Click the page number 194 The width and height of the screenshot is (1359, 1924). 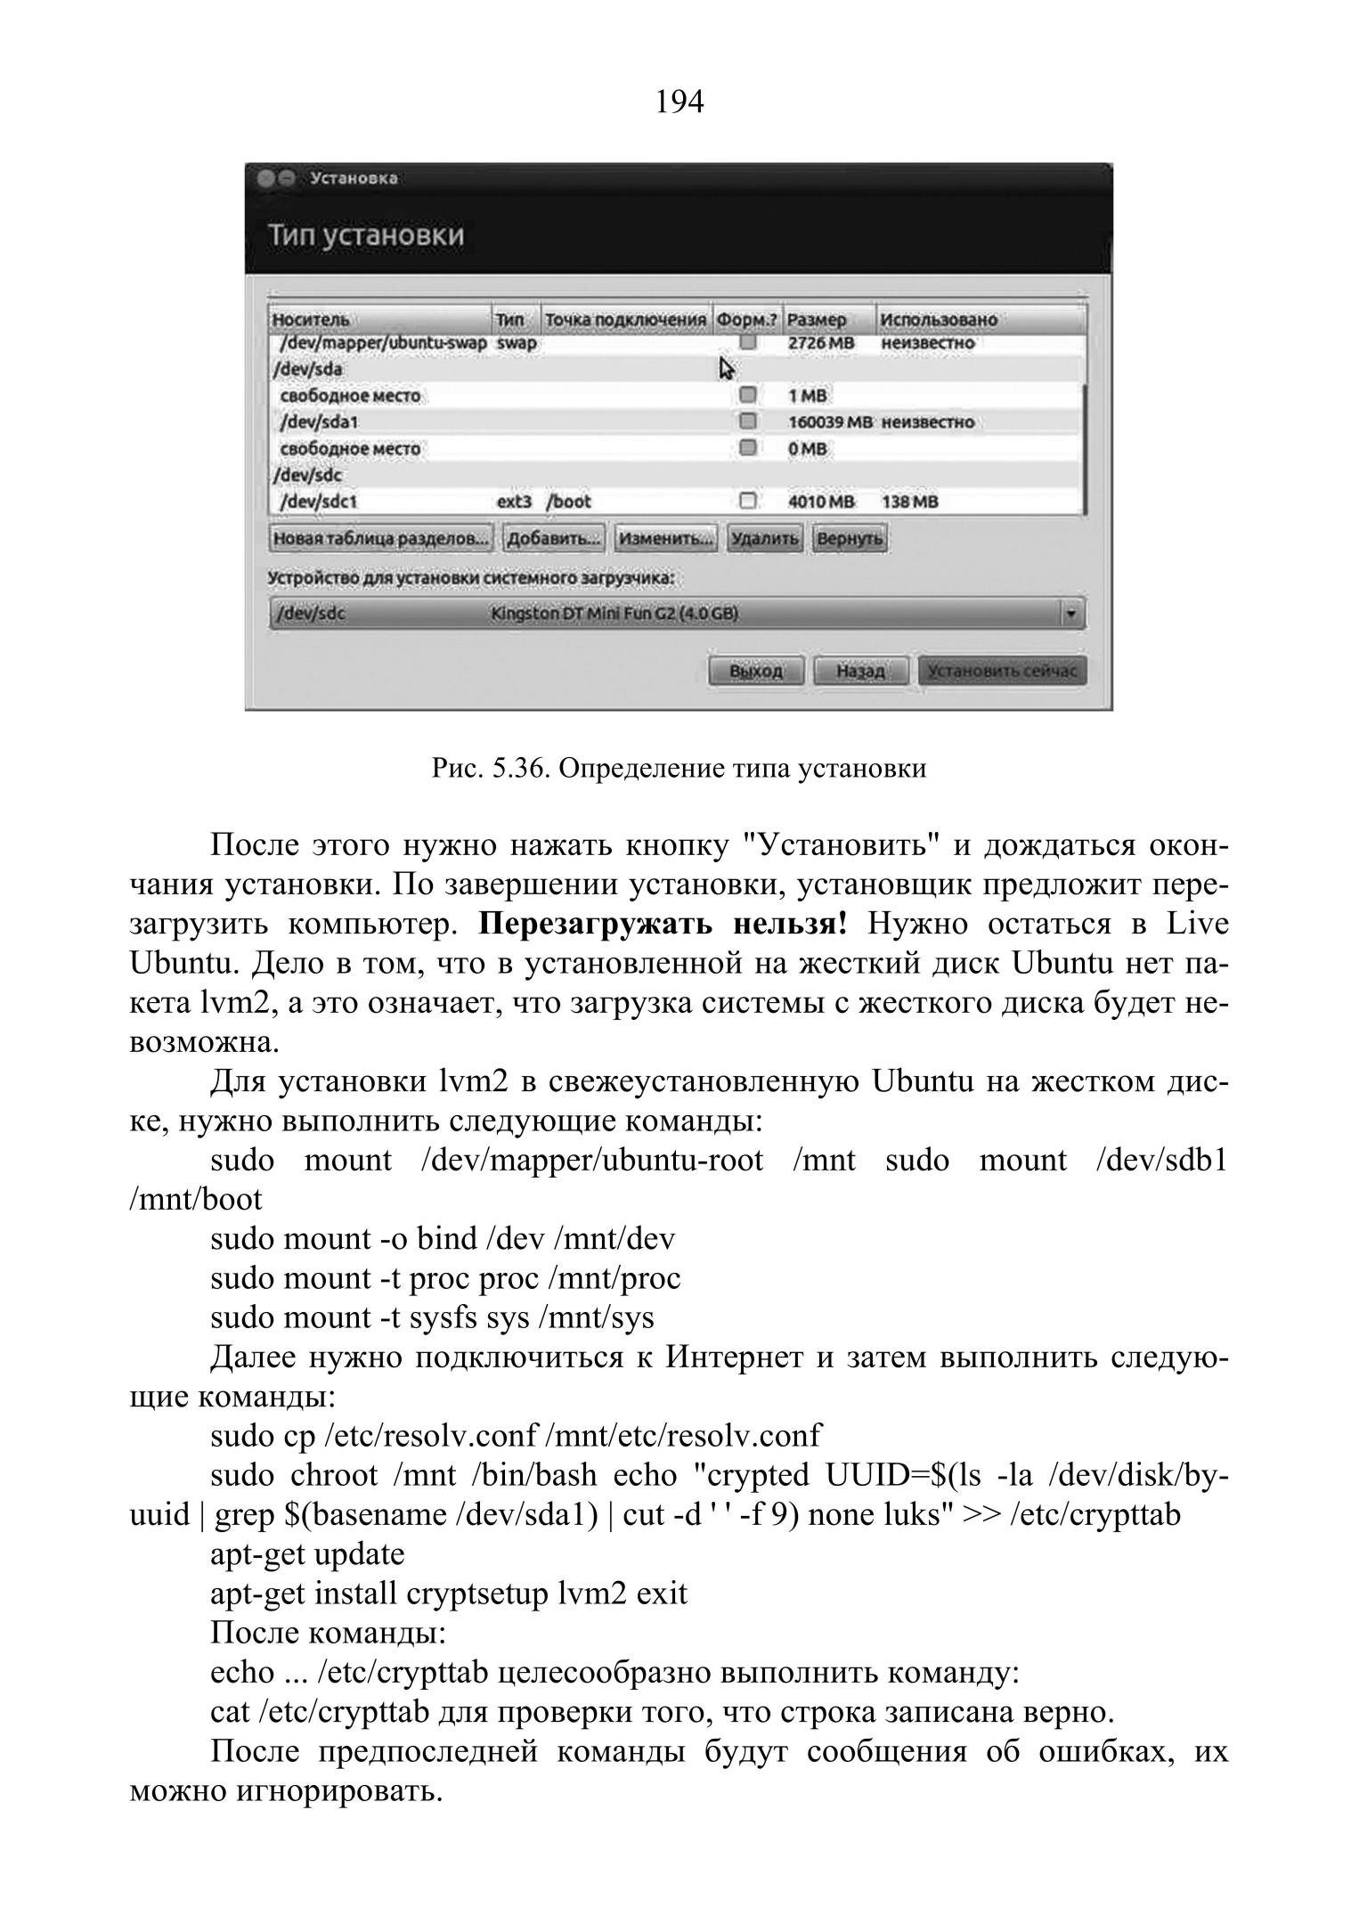pos(679,103)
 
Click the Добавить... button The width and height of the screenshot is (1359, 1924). pos(553,539)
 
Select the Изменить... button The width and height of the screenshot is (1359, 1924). pos(665,539)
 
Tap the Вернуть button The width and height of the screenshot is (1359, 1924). pos(849,539)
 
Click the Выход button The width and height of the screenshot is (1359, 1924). pos(755,671)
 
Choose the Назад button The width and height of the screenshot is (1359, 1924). pos(860,671)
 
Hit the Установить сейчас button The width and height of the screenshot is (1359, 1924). pos(1002,671)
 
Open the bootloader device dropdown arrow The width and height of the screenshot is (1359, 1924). pos(1070,614)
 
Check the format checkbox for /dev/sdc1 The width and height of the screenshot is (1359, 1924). pos(748,501)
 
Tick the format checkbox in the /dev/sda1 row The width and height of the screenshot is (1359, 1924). pos(748,421)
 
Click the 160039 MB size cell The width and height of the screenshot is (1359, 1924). pos(830,422)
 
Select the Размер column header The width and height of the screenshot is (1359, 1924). pos(817,320)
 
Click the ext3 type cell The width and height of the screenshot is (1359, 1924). pos(514,502)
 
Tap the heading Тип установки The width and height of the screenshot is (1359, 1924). pos(366,236)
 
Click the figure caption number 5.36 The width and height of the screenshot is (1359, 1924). pos(517,768)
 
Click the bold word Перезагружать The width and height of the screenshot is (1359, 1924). pos(596,924)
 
